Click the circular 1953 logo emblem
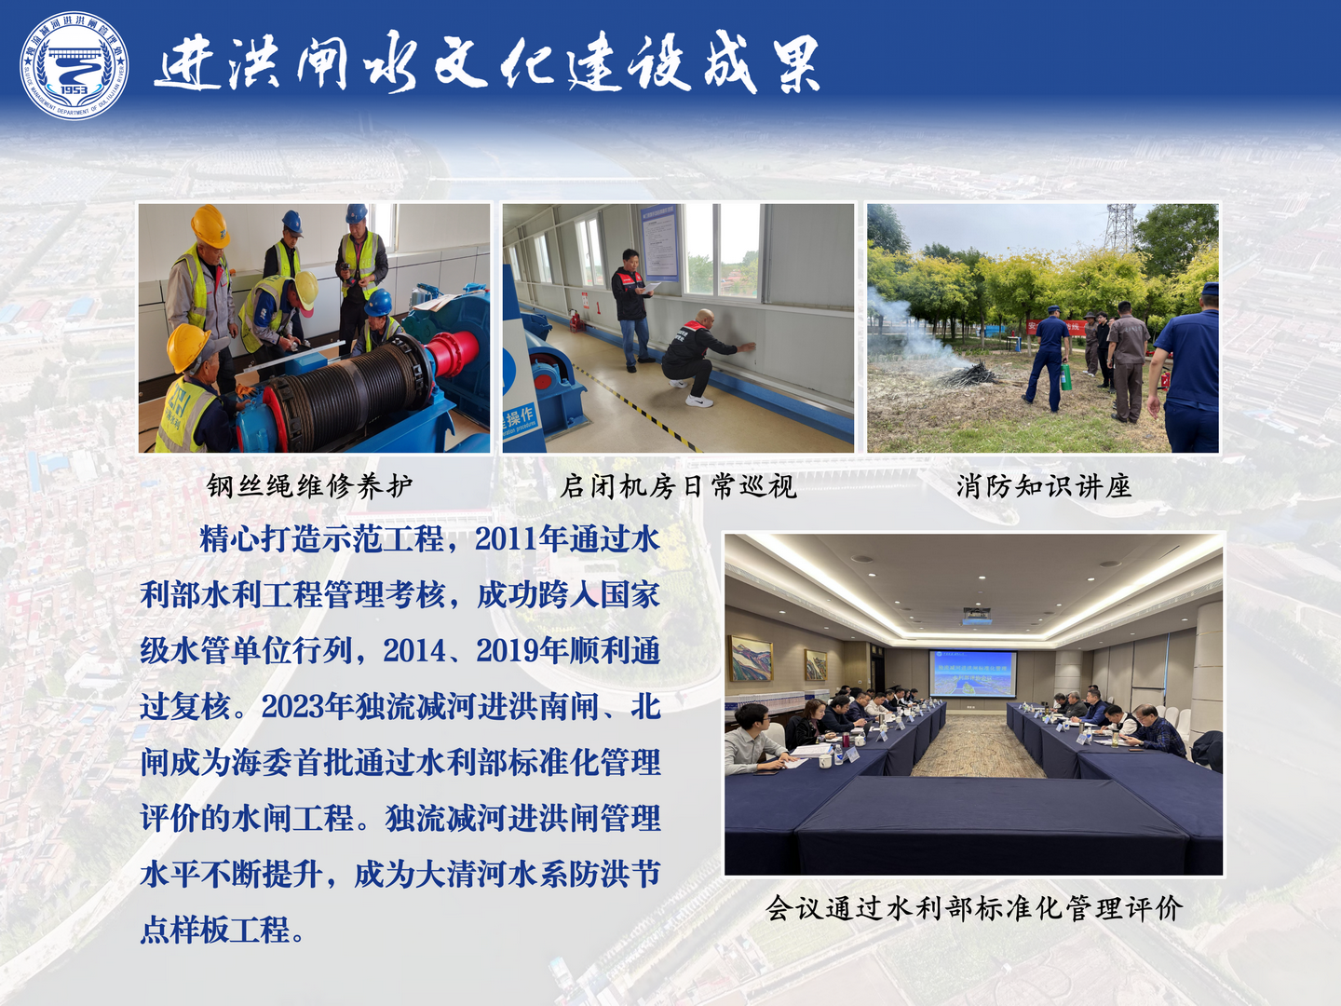[74, 65]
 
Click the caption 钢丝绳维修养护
[310, 486]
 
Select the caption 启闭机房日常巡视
[678, 486]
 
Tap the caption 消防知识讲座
[1044, 486]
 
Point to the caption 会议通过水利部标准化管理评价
[974, 908]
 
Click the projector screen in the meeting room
[972, 673]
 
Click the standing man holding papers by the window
[631, 309]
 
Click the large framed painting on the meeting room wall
[751, 659]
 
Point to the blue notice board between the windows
[660, 242]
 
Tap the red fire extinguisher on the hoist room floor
[575, 320]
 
